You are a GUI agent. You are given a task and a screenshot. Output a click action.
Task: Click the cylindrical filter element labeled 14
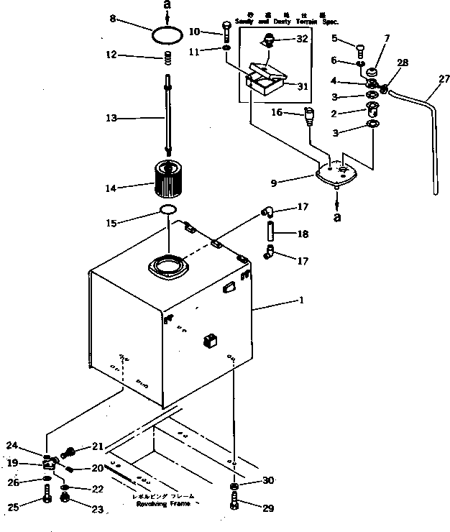click(167, 180)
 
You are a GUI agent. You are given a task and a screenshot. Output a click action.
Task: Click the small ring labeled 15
click(168, 210)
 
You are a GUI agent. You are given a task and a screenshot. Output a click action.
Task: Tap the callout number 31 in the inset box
click(303, 86)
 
